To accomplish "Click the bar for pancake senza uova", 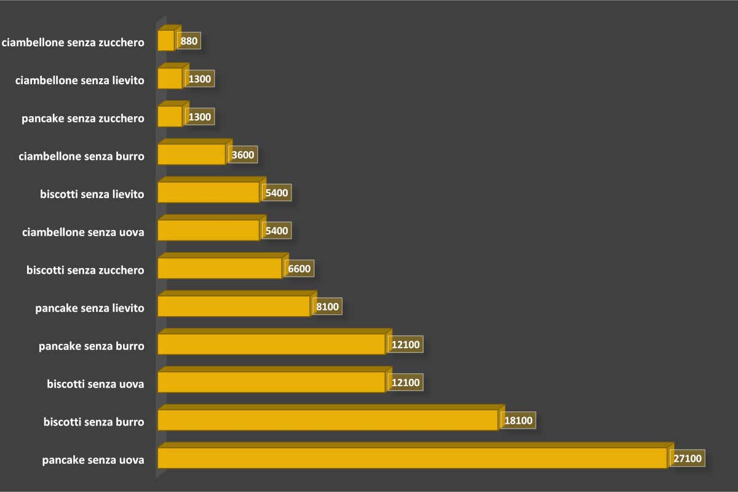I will (412, 458).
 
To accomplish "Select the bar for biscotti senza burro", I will (327, 420).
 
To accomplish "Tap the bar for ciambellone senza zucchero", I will (166, 41).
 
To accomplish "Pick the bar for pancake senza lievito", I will (234, 306).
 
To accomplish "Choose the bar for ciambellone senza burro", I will (191, 154).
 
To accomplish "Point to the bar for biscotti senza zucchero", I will (220, 268).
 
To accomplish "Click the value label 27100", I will (686, 458).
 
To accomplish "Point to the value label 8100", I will (327, 306).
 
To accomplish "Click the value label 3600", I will (242, 155).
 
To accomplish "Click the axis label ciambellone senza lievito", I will (80, 80).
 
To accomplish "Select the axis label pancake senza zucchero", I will (83, 118).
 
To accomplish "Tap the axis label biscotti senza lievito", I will (92, 194).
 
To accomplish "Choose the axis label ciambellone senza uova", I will (83, 232).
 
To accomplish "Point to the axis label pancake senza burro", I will (91, 346).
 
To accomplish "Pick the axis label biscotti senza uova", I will (95, 384).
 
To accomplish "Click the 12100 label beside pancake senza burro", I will (405, 344).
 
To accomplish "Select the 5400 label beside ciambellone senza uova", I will (276, 231).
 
